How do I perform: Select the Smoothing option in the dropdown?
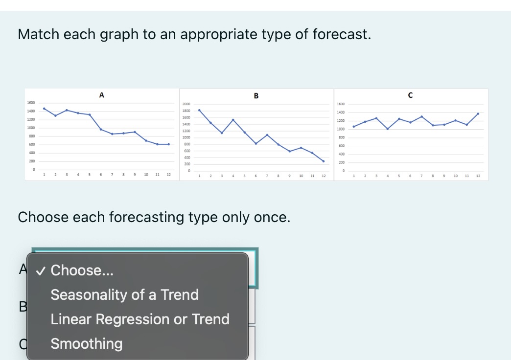[x=87, y=343]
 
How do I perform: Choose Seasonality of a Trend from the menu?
[x=124, y=294]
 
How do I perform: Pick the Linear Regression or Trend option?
[x=140, y=319]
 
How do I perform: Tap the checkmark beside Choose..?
[x=42, y=270]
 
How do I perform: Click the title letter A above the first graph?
[x=101, y=95]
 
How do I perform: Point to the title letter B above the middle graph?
[x=256, y=96]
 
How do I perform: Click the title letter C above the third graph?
[x=410, y=95]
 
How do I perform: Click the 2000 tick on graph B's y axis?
[x=186, y=104]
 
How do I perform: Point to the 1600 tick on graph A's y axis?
[x=31, y=103]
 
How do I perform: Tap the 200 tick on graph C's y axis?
[x=341, y=162]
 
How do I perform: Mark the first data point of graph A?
[x=44, y=109]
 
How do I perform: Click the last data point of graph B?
[x=323, y=161]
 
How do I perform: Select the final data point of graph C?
[x=478, y=113]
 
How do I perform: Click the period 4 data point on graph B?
[x=233, y=120]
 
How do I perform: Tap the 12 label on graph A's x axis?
[x=168, y=175]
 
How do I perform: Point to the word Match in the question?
[x=38, y=34]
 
